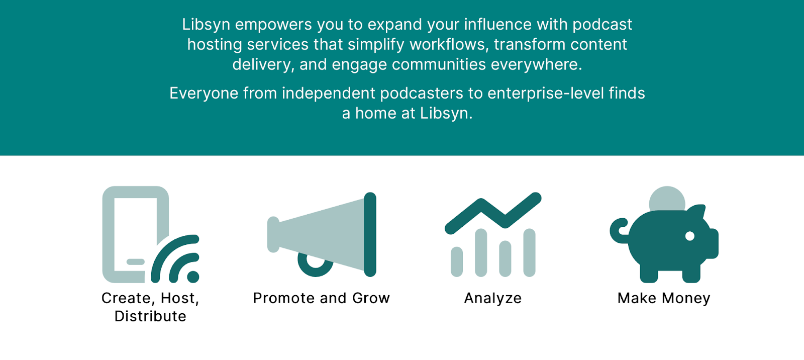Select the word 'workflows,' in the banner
point(449,45)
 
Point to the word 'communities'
point(439,65)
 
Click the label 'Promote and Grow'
point(322,298)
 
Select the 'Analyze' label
point(493,298)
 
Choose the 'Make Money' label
point(664,298)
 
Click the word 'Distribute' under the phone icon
point(150,316)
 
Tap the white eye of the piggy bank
point(690,236)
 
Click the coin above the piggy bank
point(667,198)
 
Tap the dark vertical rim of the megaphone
point(370,234)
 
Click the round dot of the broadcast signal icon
point(193,276)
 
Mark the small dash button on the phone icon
point(135,262)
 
